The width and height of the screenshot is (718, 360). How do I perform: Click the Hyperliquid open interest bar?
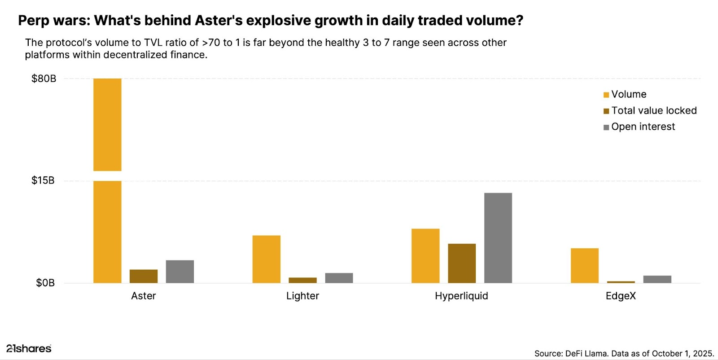pyautogui.click(x=498, y=238)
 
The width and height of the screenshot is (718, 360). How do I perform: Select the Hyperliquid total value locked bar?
pyautogui.click(x=462, y=263)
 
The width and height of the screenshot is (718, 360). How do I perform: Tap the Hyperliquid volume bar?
pyautogui.click(x=425, y=256)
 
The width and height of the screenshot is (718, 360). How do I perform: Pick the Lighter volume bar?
pyautogui.click(x=266, y=259)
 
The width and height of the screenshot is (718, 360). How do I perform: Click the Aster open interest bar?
pyautogui.click(x=180, y=272)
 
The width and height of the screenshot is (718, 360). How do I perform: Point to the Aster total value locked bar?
pyautogui.click(x=144, y=276)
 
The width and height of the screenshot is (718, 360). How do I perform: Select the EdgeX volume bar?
pyautogui.click(x=585, y=265)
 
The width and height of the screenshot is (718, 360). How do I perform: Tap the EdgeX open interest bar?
pyautogui.click(x=657, y=279)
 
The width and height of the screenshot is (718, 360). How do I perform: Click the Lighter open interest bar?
pyautogui.click(x=339, y=278)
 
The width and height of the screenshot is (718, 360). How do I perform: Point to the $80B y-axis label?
pyautogui.click(x=44, y=79)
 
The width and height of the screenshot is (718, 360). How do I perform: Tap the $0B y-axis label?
pyautogui.click(x=45, y=283)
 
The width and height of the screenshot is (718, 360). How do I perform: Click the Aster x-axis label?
pyautogui.click(x=144, y=296)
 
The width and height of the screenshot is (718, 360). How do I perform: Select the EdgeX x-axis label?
pyautogui.click(x=621, y=296)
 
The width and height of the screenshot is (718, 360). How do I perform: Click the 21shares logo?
pyautogui.click(x=29, y=348)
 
